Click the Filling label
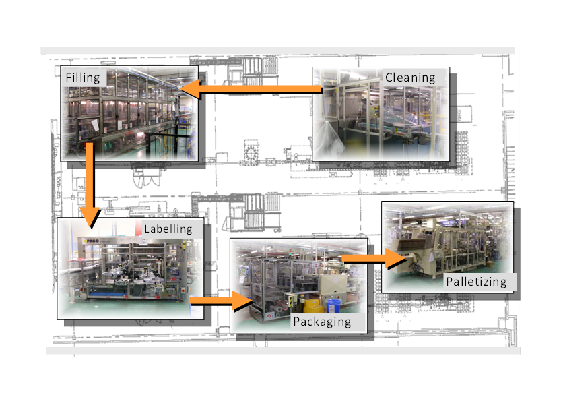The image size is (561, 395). [x=83, y=78]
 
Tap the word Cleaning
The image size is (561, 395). [x=410, y=78]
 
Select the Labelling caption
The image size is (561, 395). [x=168, y=229]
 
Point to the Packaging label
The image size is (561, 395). [x=322, y=322]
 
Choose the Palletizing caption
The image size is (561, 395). [x=476, y=282]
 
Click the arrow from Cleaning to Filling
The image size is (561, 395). [x=251, y=89]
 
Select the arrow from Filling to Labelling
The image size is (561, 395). [x=90, y=185]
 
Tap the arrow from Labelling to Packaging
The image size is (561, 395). [x=221, y=301]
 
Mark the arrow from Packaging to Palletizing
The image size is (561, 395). [x=374, y=258]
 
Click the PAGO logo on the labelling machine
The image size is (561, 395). [x=91, y=241]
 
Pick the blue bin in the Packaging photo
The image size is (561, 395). [x=333, y=306]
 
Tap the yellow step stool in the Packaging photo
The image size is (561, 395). [x=312, y=305]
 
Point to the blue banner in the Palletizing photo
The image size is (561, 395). [x=451, y=223]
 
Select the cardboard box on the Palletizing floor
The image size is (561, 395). [x=489, y=264]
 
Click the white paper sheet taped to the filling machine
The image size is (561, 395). [x=95, y=125]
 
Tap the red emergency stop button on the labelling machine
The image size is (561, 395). [x=184, y=290]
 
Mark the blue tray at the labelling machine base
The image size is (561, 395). [x=103, y=294]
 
